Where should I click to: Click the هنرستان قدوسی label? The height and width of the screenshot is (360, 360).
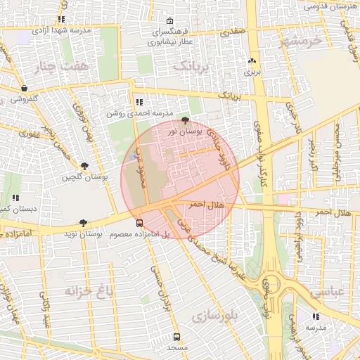(x=330, y=6)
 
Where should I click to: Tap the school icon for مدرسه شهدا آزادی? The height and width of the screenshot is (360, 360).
(x=62, y=20)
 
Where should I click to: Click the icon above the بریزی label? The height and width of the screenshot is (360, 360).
(x=252, y=61)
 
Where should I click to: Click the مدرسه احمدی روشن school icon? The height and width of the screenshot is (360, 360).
(x=139, y=102)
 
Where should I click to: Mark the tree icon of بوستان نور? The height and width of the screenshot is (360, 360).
(x=185, y=120)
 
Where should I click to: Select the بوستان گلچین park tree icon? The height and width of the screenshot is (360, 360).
(x=84, y=167)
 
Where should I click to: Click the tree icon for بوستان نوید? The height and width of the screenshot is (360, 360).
(x=84, y=222)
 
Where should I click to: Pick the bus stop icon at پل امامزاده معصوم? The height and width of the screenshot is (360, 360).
(x=139, y=223)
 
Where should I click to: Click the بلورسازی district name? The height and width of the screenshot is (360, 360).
(x=221, y=316)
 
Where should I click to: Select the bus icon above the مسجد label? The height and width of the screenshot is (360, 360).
(x=176, y=337)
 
